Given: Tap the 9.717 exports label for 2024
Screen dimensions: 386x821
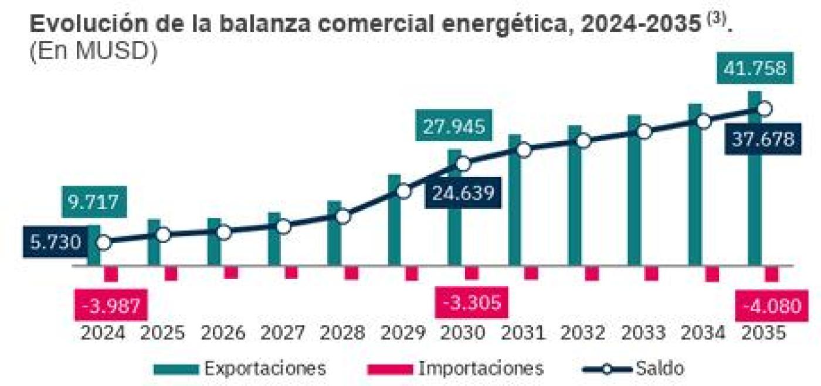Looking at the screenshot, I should coord(94,203).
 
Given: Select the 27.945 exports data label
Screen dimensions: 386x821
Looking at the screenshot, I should coord(454,127).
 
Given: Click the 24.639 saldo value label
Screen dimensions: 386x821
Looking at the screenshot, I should coord(463,192).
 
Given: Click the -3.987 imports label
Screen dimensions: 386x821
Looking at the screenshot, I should coord(111,305).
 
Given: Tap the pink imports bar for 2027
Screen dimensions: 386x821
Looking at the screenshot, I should coord(291,272).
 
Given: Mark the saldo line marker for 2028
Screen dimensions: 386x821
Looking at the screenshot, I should coord(344,216).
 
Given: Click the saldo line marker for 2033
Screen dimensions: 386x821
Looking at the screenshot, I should coord(644,132).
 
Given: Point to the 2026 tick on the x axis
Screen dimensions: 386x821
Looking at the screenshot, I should coord(223,333).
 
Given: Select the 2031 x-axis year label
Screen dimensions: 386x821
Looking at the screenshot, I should coord(524,333).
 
